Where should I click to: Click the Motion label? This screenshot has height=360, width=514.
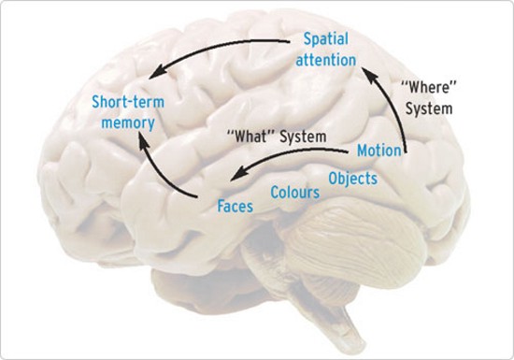pyautogui.click(x=379, y=150)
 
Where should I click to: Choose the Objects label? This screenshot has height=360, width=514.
pyautogui.click(x=352, y=177)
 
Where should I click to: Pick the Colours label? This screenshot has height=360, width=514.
pyautogui.click(x=295, y=193)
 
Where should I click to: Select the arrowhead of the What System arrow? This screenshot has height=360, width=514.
pyautogui.click(x=236, y=173)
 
